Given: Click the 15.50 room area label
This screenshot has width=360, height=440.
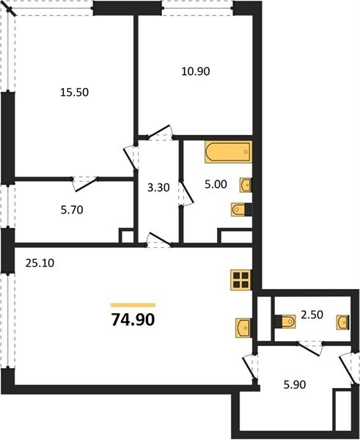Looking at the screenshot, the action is pos(74,92).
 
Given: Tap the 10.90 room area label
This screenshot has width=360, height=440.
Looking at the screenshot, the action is pos(196,71).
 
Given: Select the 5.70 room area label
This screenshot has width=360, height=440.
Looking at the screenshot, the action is pos(72,210).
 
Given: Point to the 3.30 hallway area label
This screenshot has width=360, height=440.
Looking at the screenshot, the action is pos(158,188).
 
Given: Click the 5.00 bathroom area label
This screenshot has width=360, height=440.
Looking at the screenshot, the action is pos(216,184).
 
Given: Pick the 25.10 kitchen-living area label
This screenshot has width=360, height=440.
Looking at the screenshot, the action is pos(40,263).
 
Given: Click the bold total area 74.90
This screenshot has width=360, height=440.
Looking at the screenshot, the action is pos(133,320).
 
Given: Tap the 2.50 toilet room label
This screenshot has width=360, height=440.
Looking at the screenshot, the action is pos(312,315).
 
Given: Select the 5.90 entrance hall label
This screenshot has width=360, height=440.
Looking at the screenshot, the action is pos(295,385).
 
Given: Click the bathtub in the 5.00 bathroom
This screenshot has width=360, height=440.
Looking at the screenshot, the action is pos(229,152).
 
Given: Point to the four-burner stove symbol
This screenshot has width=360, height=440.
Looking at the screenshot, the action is pos(241,280).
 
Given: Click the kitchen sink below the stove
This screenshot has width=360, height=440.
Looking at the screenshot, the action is pos(243,329).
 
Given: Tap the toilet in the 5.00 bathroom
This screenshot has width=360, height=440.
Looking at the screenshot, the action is pos(241,209).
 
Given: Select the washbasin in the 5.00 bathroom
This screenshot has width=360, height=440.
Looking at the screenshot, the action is pos(246,186).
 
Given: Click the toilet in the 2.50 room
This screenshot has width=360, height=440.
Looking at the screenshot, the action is pos(285,321).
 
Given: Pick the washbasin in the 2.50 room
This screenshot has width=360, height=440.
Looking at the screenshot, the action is pos(343,323).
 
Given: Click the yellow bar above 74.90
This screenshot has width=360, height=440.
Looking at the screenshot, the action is pos(133,305).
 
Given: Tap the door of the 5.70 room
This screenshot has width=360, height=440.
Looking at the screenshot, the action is pos(85,184).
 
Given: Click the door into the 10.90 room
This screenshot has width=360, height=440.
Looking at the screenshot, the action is pos(161,132).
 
